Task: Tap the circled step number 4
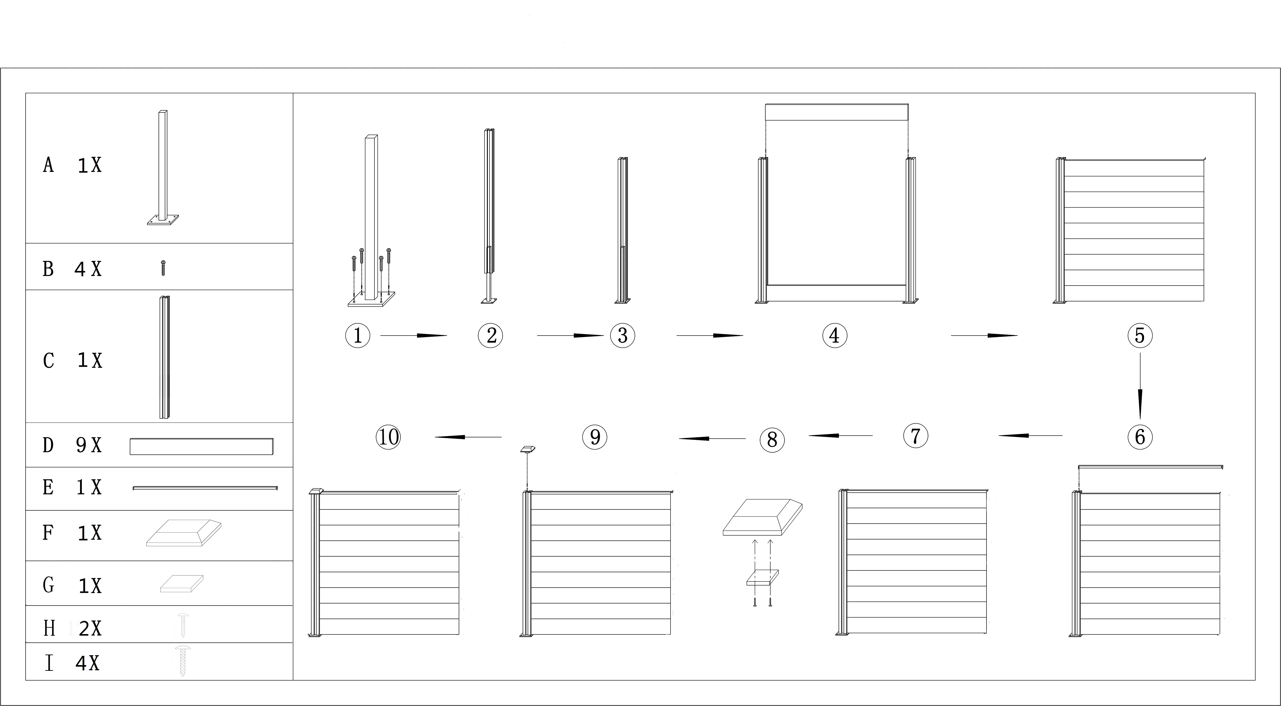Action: coord(835,335)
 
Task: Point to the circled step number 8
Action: coord(772,440)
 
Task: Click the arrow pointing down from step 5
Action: coord(1140,386)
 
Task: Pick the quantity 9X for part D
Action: coord(89,445)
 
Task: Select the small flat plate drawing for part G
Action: coord(182,584)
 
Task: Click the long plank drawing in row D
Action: coord(201,446)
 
